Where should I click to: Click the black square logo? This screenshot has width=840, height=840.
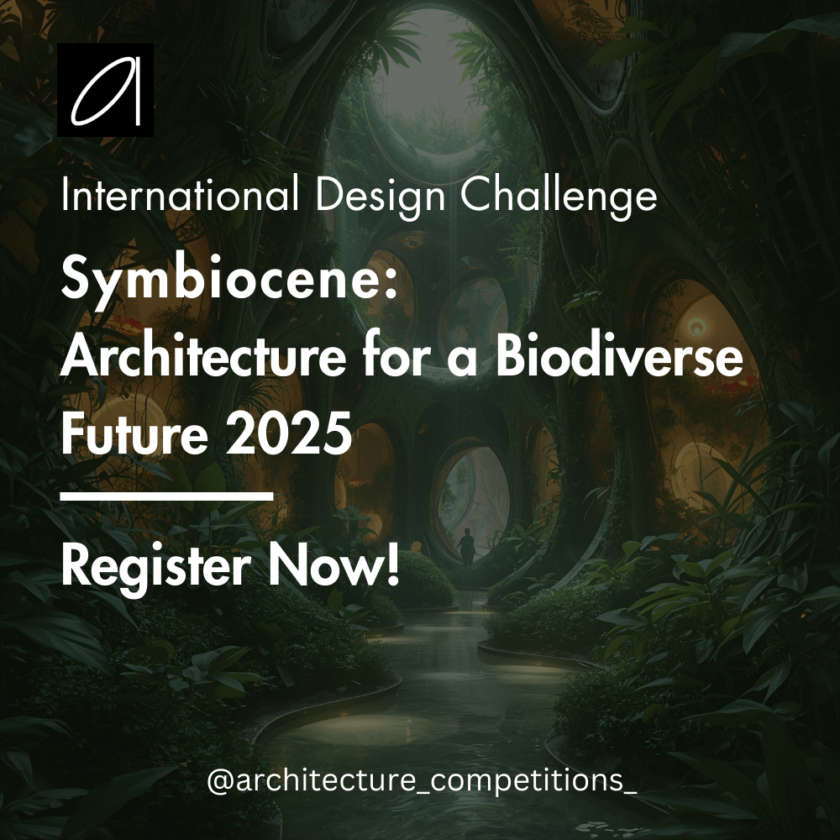tap(105, 90)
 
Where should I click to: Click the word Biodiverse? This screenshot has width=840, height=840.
tap(620, 359)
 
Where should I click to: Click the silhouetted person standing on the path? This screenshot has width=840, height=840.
tap(467, 547)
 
